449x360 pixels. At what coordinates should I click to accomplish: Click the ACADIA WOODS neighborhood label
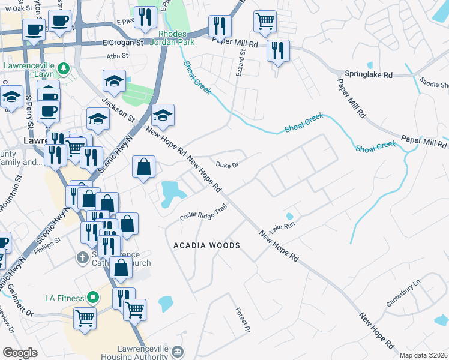206,245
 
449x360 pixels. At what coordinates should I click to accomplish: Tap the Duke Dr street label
228,164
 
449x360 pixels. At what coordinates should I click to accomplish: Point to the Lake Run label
282,227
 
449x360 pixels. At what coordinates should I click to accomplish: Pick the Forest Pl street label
243,318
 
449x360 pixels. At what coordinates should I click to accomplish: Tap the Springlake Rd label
369,74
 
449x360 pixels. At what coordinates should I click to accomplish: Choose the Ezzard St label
243,61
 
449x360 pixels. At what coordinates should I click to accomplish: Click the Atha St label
117,56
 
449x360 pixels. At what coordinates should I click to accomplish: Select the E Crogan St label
124,43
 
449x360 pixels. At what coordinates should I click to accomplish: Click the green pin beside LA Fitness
92,297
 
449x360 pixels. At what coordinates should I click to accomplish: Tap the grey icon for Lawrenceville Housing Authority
176,351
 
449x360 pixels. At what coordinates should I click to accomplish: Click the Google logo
20,353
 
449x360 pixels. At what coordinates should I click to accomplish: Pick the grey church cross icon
83,257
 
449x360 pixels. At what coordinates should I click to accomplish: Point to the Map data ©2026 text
423,355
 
